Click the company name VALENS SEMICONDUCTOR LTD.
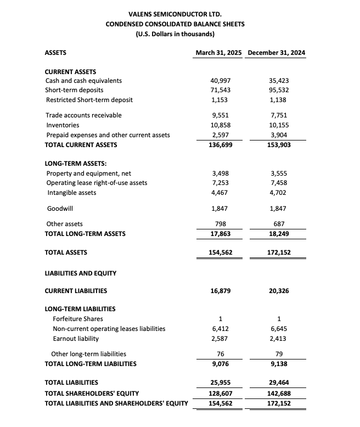tap(175, 13)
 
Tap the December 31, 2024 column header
tap(277, 53)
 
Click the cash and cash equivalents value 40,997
tap(220, 81)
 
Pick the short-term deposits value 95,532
tap(279, 90)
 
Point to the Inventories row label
tap(62, 125)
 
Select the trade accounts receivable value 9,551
tap(220, 115)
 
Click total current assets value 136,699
tap(220, 145)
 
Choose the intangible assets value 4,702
tap(279, 193)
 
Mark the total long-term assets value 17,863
tap(220, 234)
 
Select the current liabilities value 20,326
tap(279, 291)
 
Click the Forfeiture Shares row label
tap(77, 319)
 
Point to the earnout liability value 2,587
tap(220, 339)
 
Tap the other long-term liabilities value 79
tap(279, 354)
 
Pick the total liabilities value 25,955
tap(220, 383)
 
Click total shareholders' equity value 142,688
tap(279, 393)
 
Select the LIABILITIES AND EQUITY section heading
tap(80, 273)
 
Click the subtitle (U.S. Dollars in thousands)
tap(175, 34)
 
